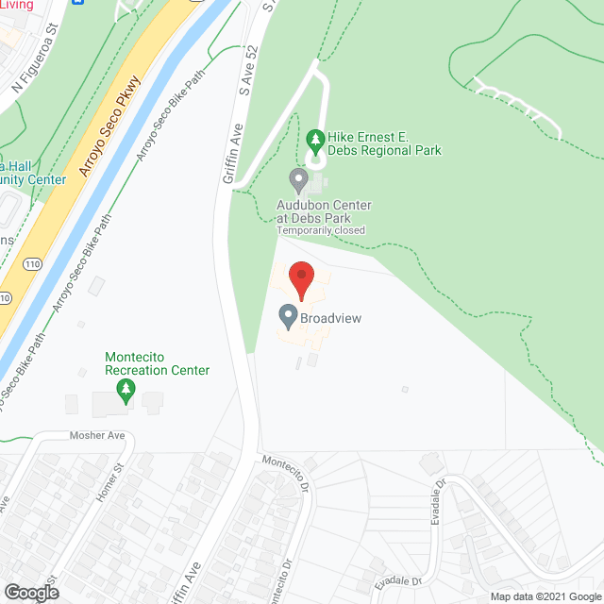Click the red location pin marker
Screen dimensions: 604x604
tap(301, 281)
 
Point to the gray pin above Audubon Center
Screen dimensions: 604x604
tap(299, 178)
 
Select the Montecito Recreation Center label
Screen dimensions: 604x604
tap(157, 363)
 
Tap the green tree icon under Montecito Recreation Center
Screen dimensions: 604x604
tap(118, 390)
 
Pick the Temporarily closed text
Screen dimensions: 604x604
tap(320, 230)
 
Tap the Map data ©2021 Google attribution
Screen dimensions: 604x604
tap(545, 596)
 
